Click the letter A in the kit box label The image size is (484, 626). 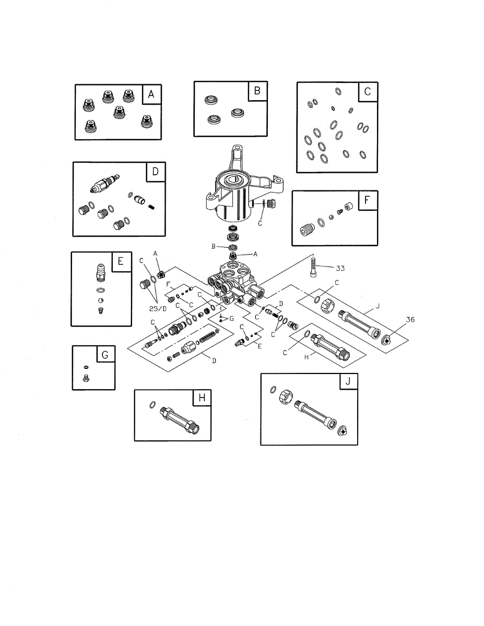pyautogui.click(x=151, y=94)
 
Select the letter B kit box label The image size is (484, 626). pyautogui.click(x=257, y=91)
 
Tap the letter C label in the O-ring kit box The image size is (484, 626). pyautogui.click(x=367, y=92)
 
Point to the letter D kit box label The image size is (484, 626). pyautogui.click(x=155, y=172)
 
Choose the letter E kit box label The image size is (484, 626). pyautogui.click(x=121, y=262)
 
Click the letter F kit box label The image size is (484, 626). pyautogui.click(x=367, y=201)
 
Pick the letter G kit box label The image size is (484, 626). pyautogui.click(x=105, y=355)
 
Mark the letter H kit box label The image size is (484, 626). pyautogui.click(x=202, y=399)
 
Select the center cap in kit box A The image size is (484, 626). pyautogui.click(x=119, y=112)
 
